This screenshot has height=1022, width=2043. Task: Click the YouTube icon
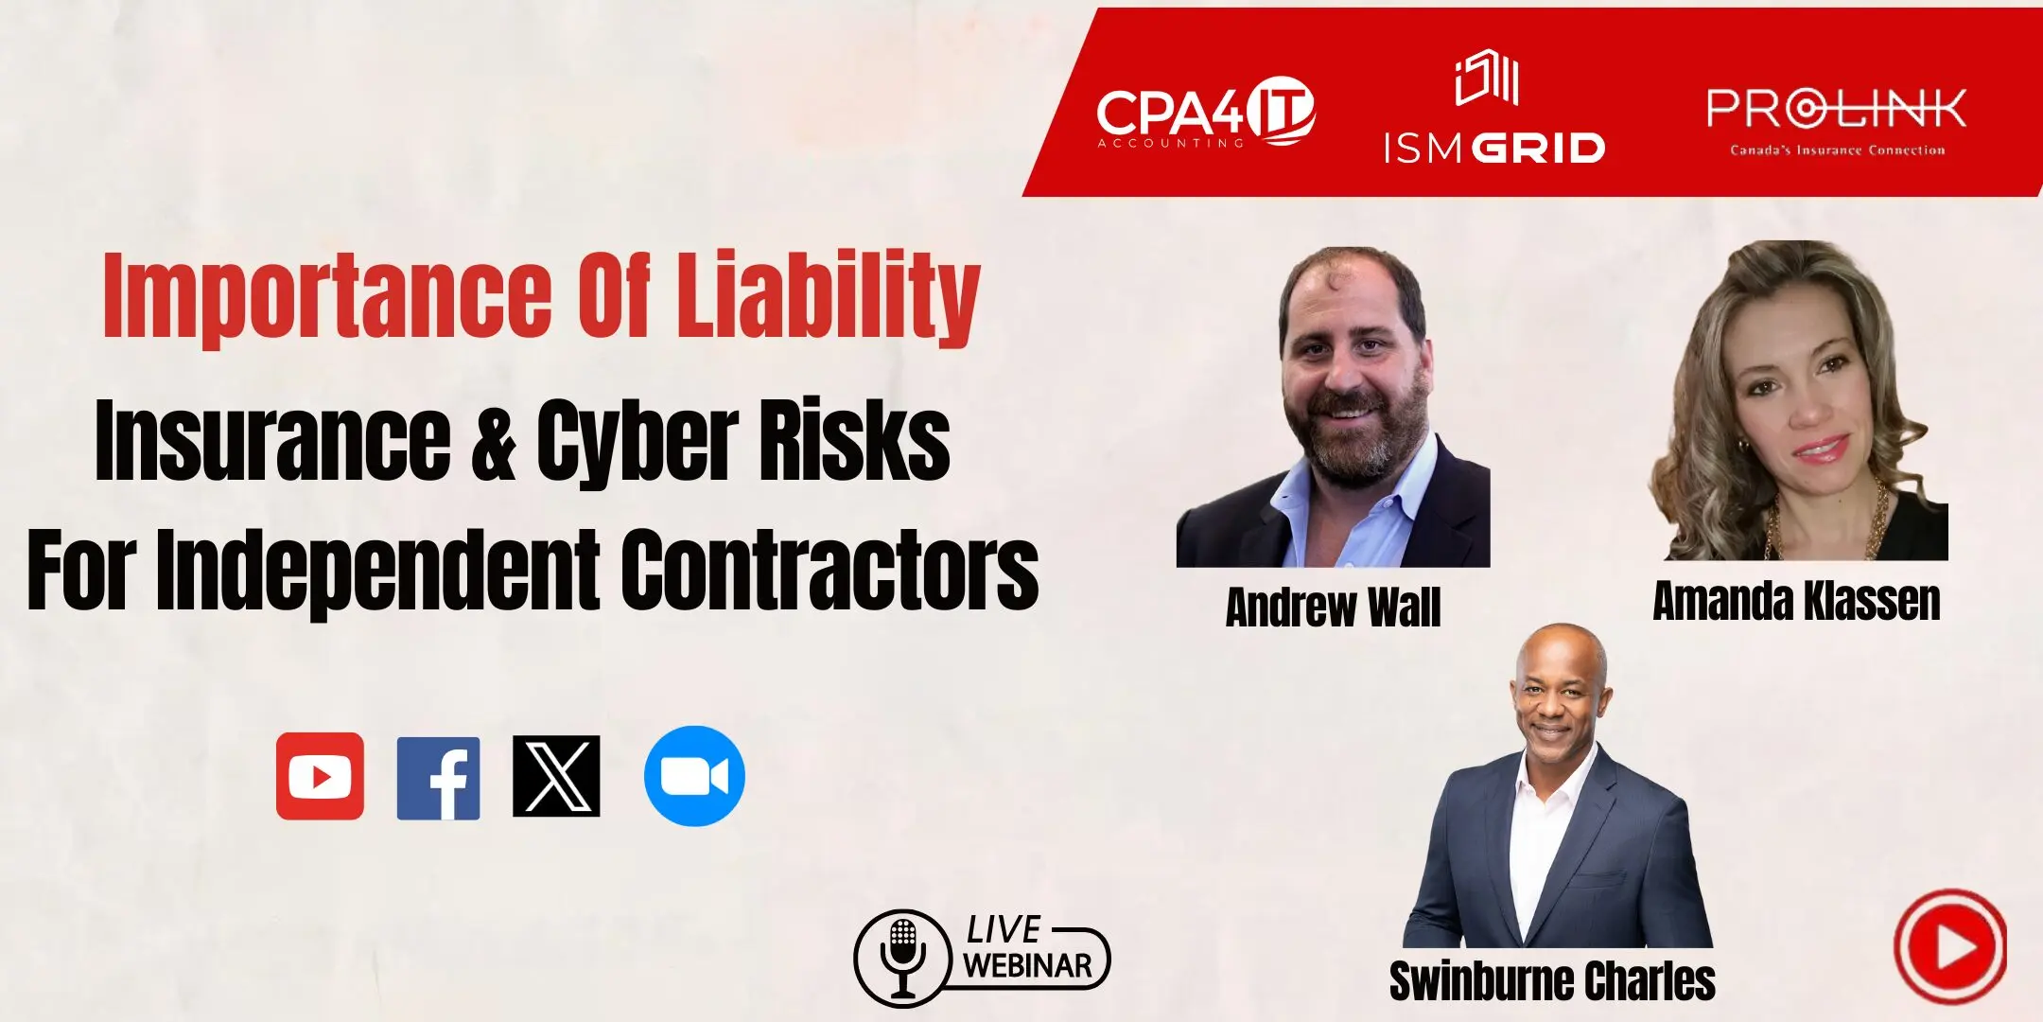click(x=320, y=776)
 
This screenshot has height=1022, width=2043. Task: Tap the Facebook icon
click(x=438, y=778)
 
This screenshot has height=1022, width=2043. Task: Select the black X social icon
click(x=556, y=776)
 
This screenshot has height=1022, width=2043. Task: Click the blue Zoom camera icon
click(x=694, y=776)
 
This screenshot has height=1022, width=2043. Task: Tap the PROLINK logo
click(x=1837, y=121)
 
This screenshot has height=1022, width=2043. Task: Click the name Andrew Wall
click(x=1333, y=608)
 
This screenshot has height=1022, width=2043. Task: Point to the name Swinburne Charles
click(x=1552, y=981)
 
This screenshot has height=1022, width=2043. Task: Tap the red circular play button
click(x=1950, y=946)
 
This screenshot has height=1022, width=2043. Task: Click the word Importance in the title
click(x=327, y=295)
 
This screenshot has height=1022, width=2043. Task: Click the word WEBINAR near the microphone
click(x=1028, y=966)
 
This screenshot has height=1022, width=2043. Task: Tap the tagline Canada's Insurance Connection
click(x=1837, y=150)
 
